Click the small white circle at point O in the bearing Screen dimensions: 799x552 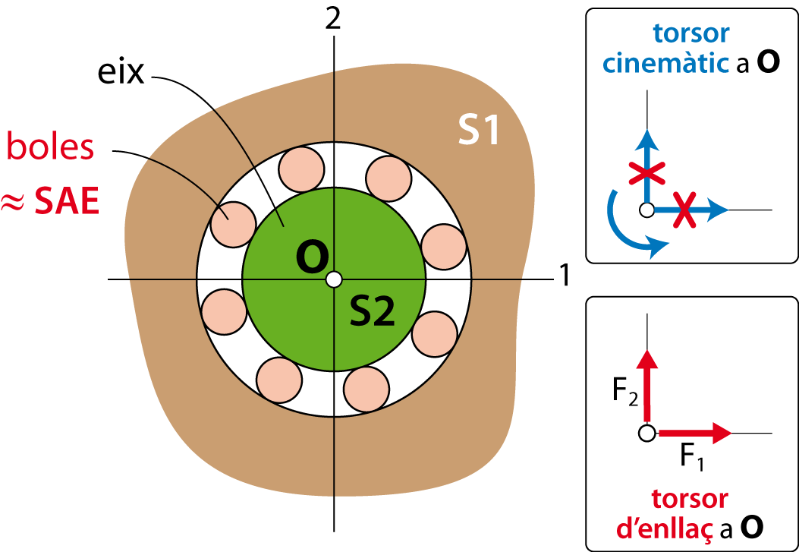[334, 279]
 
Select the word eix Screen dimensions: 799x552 [121, 75]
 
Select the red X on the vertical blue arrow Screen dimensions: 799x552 [646, 173]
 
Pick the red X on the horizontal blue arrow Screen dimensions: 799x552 [685, 209]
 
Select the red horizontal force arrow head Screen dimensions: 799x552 [722, 434]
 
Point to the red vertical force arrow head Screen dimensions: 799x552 [647, 361]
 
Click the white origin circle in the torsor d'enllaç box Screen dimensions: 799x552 [646, 434]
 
